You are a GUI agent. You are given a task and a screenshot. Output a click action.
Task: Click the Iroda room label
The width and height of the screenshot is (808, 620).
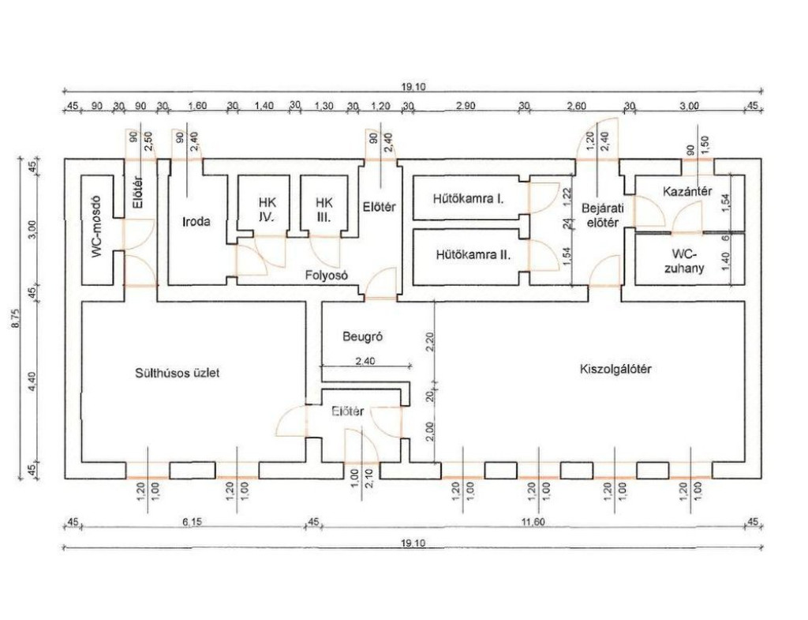[196, 222]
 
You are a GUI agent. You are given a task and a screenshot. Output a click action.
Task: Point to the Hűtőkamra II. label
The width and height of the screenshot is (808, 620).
[472, 255]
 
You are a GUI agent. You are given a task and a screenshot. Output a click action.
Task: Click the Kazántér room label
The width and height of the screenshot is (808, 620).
[688, 192]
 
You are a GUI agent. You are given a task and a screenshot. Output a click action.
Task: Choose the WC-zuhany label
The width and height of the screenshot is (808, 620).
[689, 261]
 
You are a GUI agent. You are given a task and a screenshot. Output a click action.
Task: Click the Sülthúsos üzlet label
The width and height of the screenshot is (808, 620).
[176, 372]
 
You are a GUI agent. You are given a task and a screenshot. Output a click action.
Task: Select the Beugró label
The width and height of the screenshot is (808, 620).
[362, 335]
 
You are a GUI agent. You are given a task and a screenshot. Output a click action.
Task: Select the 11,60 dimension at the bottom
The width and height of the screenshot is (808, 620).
[534, 522]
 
